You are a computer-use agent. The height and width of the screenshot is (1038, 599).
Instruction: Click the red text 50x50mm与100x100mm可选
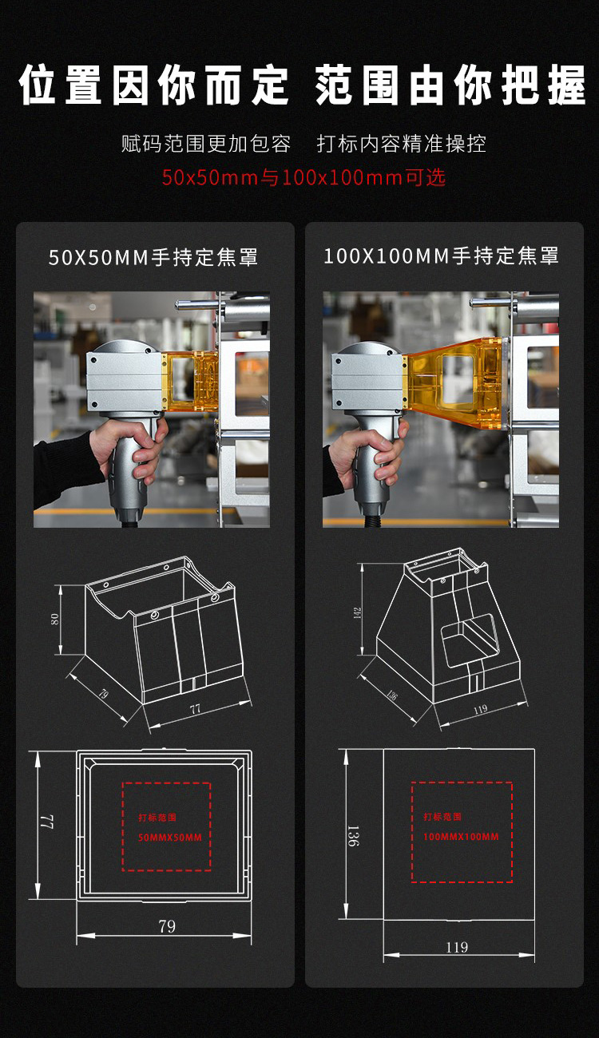coord(303,177)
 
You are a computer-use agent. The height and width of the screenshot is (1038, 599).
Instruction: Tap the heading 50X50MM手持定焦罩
coord(153,257)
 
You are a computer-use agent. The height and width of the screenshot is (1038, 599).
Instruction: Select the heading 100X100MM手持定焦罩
coord(441,256)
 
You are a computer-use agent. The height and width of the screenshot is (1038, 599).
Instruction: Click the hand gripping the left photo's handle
coord(130,450)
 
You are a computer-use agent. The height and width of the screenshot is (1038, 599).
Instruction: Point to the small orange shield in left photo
coord(189,381)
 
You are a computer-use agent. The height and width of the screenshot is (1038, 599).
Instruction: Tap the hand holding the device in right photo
coord(368,454)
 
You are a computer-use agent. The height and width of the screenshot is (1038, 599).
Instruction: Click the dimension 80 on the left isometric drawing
coord(54,619)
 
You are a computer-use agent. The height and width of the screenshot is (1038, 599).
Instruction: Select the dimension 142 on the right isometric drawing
coord(357,613)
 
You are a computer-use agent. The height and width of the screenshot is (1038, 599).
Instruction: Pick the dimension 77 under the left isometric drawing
coord(195,709)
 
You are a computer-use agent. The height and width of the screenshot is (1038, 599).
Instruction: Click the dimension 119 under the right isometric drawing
coord(480,709)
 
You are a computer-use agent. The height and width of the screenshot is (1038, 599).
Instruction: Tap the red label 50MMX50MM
coord(170,838)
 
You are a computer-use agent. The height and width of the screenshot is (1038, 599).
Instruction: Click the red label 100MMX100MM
coord(461,837)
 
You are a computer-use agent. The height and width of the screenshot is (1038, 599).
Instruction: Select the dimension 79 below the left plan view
coord(167,926)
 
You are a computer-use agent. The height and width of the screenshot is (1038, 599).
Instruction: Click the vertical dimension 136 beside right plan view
coord(353,835)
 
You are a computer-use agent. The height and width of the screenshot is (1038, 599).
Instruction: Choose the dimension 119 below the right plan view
coord(457,947)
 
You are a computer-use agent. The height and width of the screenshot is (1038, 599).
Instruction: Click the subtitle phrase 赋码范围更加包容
coord(206,144)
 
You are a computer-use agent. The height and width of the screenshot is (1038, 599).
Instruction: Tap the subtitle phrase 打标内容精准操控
coord(402,144)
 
